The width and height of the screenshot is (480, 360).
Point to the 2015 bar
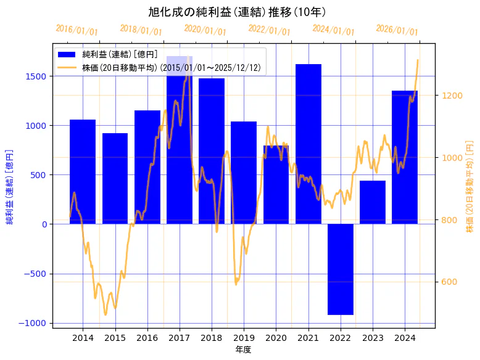115,178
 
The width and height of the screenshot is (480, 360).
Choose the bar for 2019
244,173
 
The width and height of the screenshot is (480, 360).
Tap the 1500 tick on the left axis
37,76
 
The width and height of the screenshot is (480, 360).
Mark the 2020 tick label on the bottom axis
276,337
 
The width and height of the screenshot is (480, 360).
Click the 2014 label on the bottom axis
83,337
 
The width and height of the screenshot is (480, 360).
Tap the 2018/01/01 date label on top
141,30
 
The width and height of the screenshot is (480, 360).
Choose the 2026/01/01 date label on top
397,30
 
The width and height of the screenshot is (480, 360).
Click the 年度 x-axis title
243,350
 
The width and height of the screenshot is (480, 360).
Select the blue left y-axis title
10,186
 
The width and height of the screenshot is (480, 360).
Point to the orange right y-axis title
470,186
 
